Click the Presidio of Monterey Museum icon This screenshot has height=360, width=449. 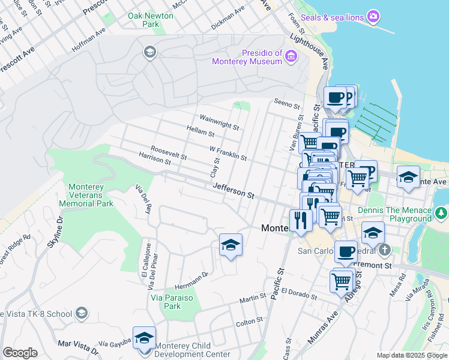(292, 57)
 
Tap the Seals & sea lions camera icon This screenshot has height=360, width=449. (373, 17)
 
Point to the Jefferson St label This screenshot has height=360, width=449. (234, 191)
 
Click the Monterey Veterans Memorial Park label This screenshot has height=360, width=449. (87, 195)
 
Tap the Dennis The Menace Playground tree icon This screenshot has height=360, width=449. (442, 213)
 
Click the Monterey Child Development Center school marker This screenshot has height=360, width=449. (144, 338)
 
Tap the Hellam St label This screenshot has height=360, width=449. (200, 131)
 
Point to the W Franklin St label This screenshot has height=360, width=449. (228, 152)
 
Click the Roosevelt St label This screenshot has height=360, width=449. (168, 152)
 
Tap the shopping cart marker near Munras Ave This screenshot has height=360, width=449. (342, 280)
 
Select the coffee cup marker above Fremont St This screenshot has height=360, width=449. (346, 252)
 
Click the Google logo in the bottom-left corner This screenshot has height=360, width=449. (20, 352)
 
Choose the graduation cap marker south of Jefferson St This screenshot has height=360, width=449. (231, 245)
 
